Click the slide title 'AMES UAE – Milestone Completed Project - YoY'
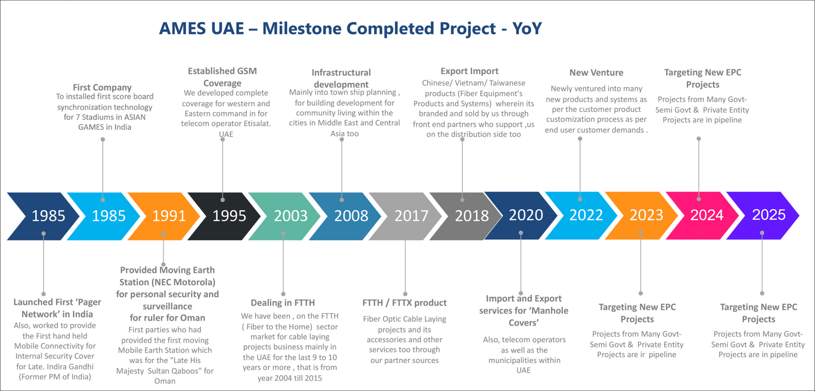pyautogui.click(x=350, y=29)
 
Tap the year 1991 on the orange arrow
pyautogui.click(x=169, y=216)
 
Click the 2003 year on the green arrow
pyautogui.click(x=291, y=216)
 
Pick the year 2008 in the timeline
pyautogui.click(x=351, y=216)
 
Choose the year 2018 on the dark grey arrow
pyautogui.click(x=472, y=216)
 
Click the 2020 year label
pyautogui.click(x=526, y=215)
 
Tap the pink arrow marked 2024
pyautogui.click(x=702, y=215)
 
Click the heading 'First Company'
pyautogui.click(x=102, y=87)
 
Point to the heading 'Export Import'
pyautogui.click(x=469, y=71)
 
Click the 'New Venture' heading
pyautogui.click(x=596, y=72)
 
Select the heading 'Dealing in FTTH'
pyautogui.click(x=283, y=302)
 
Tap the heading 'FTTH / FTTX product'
pyautogui.click(x=404, y=302)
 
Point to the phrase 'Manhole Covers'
pyautogui.click(x=524, y=317)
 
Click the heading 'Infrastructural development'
pyautogui.click(x=341, y=78)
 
